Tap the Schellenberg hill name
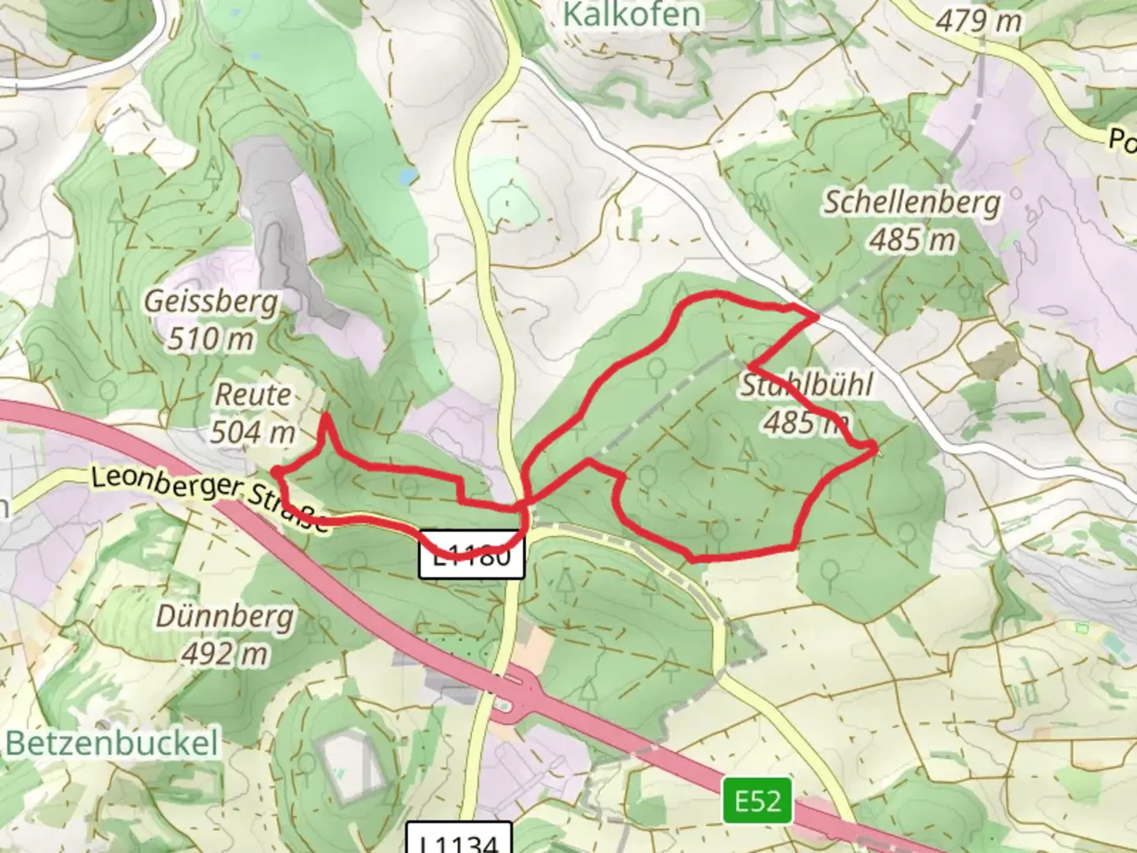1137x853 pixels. pos(912,202)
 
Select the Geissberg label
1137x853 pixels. pos(212,301)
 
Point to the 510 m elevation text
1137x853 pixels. pos(212,339)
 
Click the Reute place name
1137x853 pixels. pos(253,394)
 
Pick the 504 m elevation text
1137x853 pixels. pos(253,432)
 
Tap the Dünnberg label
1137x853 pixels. pos(225,616)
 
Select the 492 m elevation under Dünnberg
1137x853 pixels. pos(225,653)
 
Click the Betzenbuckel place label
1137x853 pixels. pos(111,743)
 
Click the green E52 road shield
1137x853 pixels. pos(757,801)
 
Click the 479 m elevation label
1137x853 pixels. pos(978,21)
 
